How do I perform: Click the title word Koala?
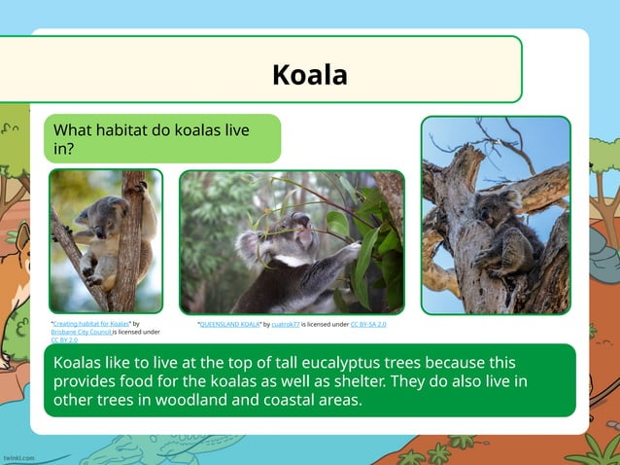click(x=309, y=74)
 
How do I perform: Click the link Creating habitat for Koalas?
click(x=91, y=324)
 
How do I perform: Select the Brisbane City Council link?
click(x=81, y=332)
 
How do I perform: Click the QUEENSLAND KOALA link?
click(x=229, y=324)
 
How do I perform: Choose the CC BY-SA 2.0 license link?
click(x=368, y=324)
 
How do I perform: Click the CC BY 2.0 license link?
click(x=64, y=340)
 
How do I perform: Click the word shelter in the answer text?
click(x=301, y=380)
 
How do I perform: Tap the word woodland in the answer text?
click(x=187, y=399)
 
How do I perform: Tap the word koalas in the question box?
click(x=198, y=130)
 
